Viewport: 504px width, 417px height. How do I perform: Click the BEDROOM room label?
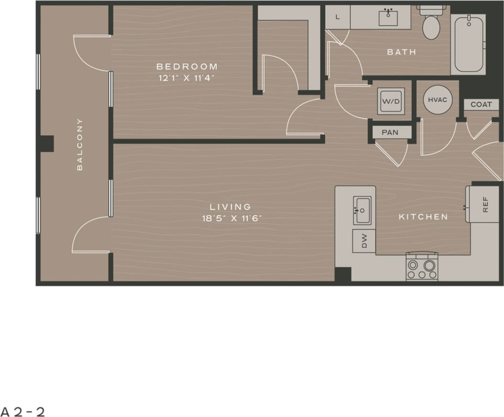point(187,67)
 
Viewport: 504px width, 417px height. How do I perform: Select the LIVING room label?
point(230,207)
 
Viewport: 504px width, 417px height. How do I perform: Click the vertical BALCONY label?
point(80,144)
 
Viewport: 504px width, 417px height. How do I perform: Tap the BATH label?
point(402,52)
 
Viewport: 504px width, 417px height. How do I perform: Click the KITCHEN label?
point(424,217)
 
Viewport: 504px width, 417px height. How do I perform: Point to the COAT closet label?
point(481,104)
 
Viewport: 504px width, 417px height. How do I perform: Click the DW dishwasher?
point(364,241)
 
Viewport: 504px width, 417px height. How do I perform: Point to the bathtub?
point(468,44)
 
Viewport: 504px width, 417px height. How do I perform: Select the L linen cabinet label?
point(338,17)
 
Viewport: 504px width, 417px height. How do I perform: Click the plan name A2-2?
point(23,411)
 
